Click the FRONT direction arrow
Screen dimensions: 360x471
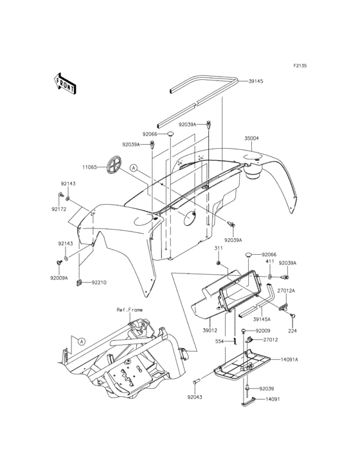click(x=64, y=84)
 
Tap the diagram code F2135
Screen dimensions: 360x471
click(x=300, y=66)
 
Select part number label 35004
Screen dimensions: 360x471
click(x=251, y=138)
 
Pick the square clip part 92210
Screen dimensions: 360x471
click(x=80, y=283)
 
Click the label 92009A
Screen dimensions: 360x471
click(x=59, y=278)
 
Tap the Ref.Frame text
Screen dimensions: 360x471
click(x=129, y=309)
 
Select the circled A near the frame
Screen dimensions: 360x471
click(x=81, y=341)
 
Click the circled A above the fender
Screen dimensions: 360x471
click(x=133, y=168)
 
